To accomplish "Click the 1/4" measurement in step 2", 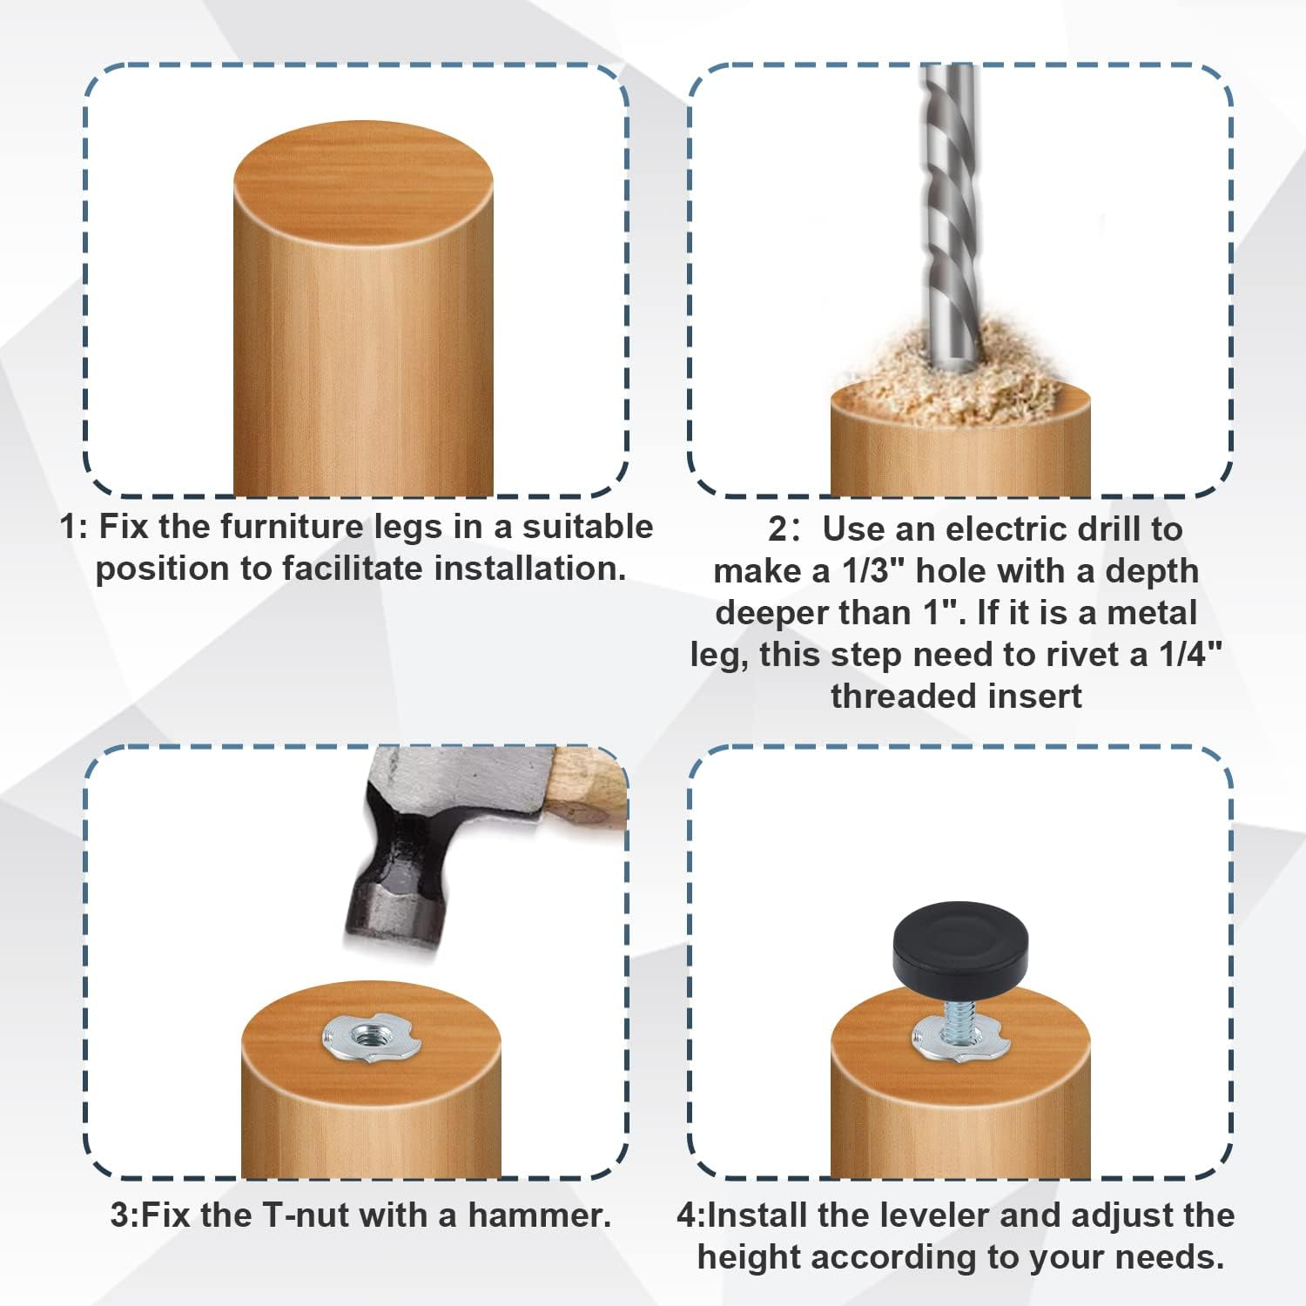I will coord(1190,655).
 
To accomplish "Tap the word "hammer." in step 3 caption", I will coord(539,1215).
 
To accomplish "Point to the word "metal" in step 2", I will coord(1151,613).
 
